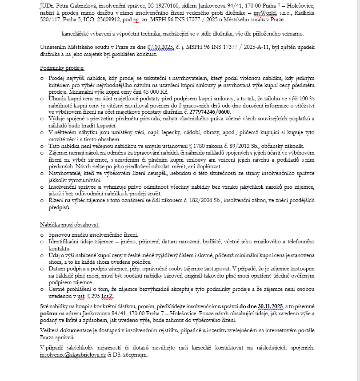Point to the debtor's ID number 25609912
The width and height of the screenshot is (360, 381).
pos(116,20)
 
